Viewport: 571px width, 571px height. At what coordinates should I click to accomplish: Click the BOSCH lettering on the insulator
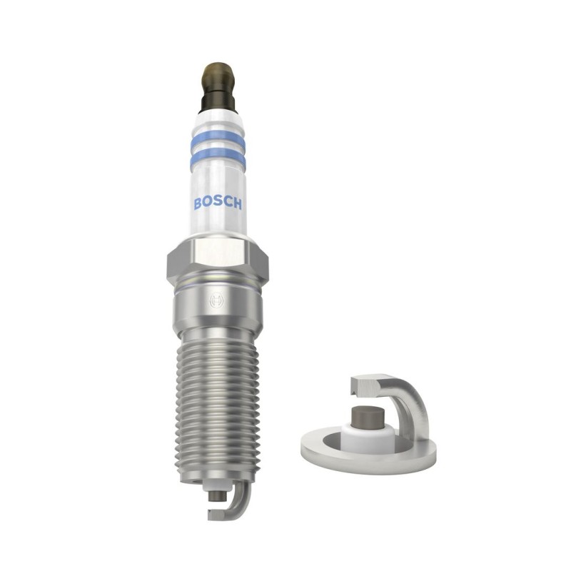point(218,203)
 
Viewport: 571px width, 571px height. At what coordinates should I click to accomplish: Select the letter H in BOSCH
point(237,203)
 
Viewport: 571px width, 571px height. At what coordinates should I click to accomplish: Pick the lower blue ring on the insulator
point(218,156)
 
